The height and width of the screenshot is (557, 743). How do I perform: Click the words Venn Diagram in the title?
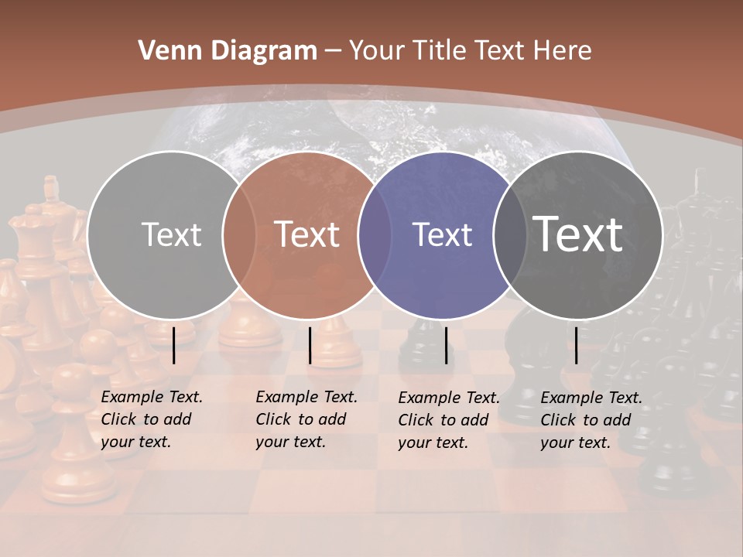pos(227,51)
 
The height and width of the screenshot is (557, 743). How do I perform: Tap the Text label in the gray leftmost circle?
pos(171,234)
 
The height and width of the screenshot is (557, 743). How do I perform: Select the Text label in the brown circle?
pos(306,234)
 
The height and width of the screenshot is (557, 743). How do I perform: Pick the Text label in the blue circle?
pos(442,234)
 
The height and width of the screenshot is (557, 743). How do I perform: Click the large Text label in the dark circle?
pos(578,234)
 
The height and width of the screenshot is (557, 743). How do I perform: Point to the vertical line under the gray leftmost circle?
pos(173,345)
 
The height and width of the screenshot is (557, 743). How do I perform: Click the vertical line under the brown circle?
pos(310,345)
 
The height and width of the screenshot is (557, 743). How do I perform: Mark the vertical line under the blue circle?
pos(446,345)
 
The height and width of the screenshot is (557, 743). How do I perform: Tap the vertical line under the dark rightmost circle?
pos(576,345)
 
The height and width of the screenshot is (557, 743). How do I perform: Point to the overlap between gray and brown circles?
pos(239,234)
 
